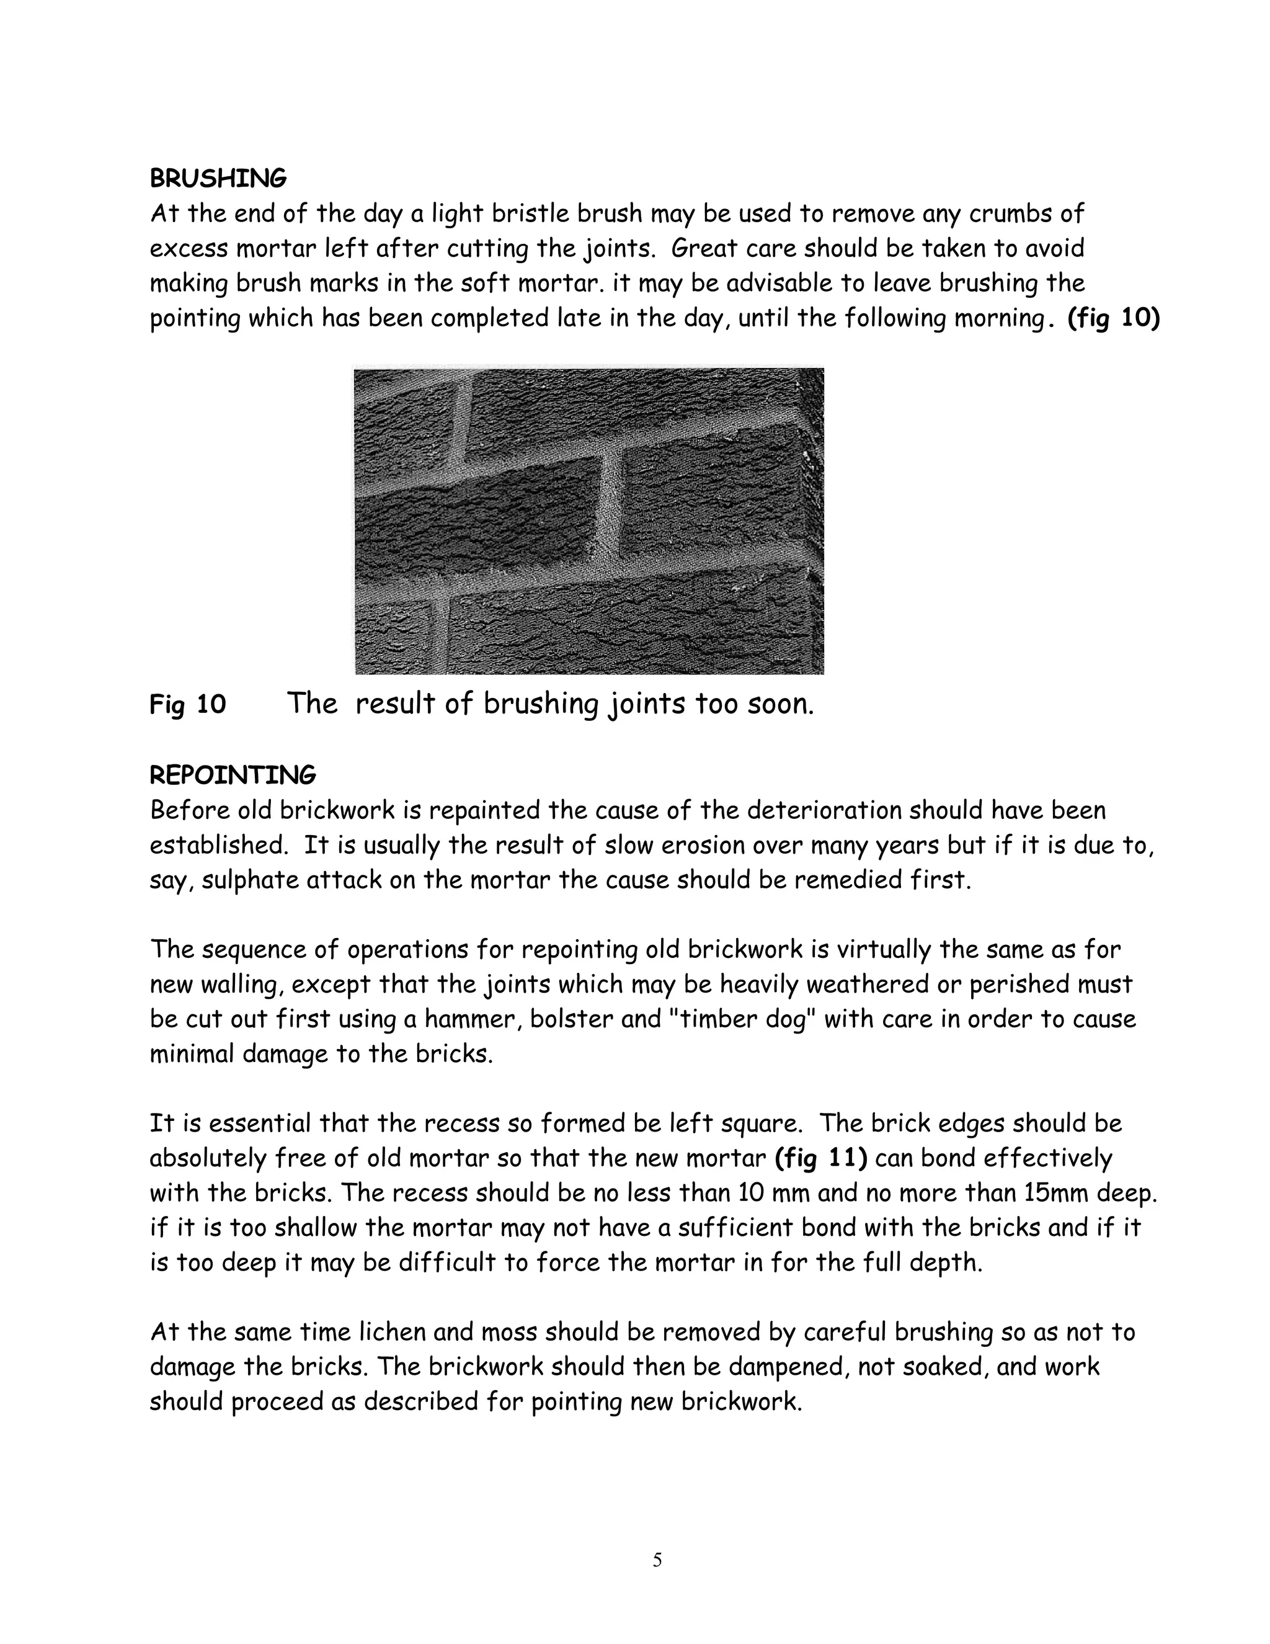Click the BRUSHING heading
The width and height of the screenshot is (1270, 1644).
tap(218, 179)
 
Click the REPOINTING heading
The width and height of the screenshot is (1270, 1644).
tap(233, 775)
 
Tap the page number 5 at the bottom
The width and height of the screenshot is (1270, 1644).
tap(657, 1560)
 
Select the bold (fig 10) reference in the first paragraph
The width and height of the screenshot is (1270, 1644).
tap(1114, 318)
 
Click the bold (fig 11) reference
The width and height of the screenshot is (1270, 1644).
tap(821, 1158)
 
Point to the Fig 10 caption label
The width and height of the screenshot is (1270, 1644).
tap(187, 705)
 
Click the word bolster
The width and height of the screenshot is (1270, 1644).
tap(569, 1019)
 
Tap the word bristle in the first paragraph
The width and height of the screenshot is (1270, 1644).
tap(530, 214)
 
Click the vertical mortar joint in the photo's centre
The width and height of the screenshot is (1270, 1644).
tap(615, 519)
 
